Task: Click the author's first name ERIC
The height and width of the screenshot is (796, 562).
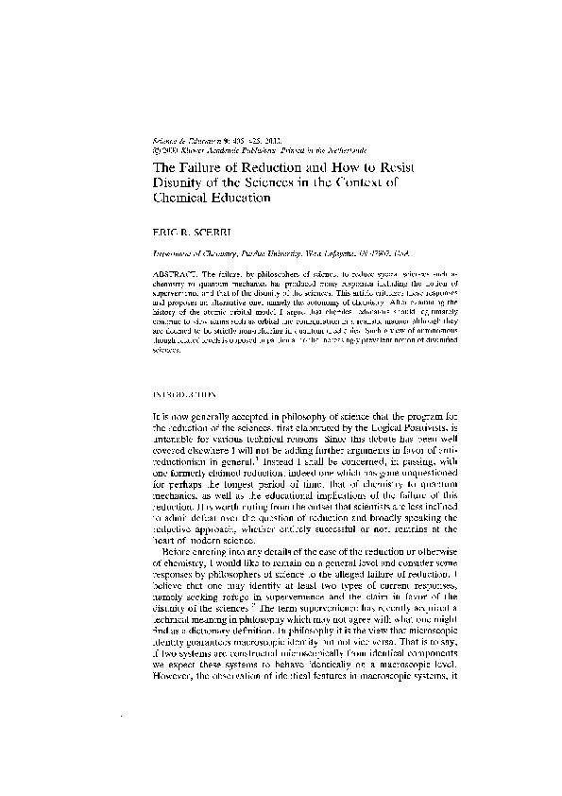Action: (166, 232)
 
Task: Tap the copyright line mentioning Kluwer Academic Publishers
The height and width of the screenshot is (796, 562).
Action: (246, 150)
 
